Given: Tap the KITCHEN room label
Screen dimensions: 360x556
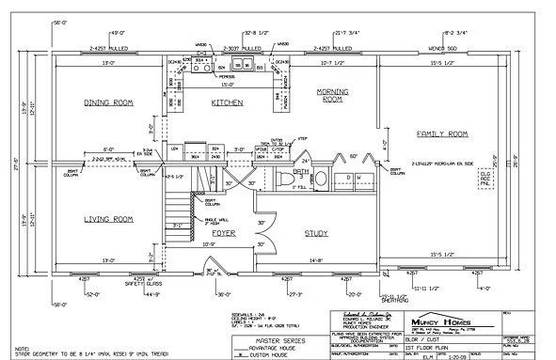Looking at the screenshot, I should [x=229, y=102].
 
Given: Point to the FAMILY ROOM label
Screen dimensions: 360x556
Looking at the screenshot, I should [x=442, y=134].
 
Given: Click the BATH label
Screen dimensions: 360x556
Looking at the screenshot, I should [x=300, y=172].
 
